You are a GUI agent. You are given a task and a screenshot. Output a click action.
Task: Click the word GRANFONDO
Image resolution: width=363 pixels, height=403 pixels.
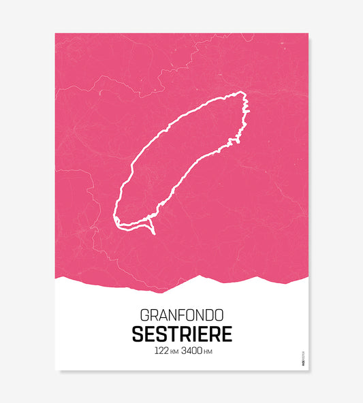click(181, 316)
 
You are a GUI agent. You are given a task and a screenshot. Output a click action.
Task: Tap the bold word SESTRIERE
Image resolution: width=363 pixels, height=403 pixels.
click(181, 335)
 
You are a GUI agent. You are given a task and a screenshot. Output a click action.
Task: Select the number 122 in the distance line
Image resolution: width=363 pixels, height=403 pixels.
click(161, 352)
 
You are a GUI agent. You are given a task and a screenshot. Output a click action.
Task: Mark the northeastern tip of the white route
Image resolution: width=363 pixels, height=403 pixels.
click(241, 93)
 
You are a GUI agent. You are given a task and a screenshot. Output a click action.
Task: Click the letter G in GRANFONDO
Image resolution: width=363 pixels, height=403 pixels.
click(144, 316)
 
